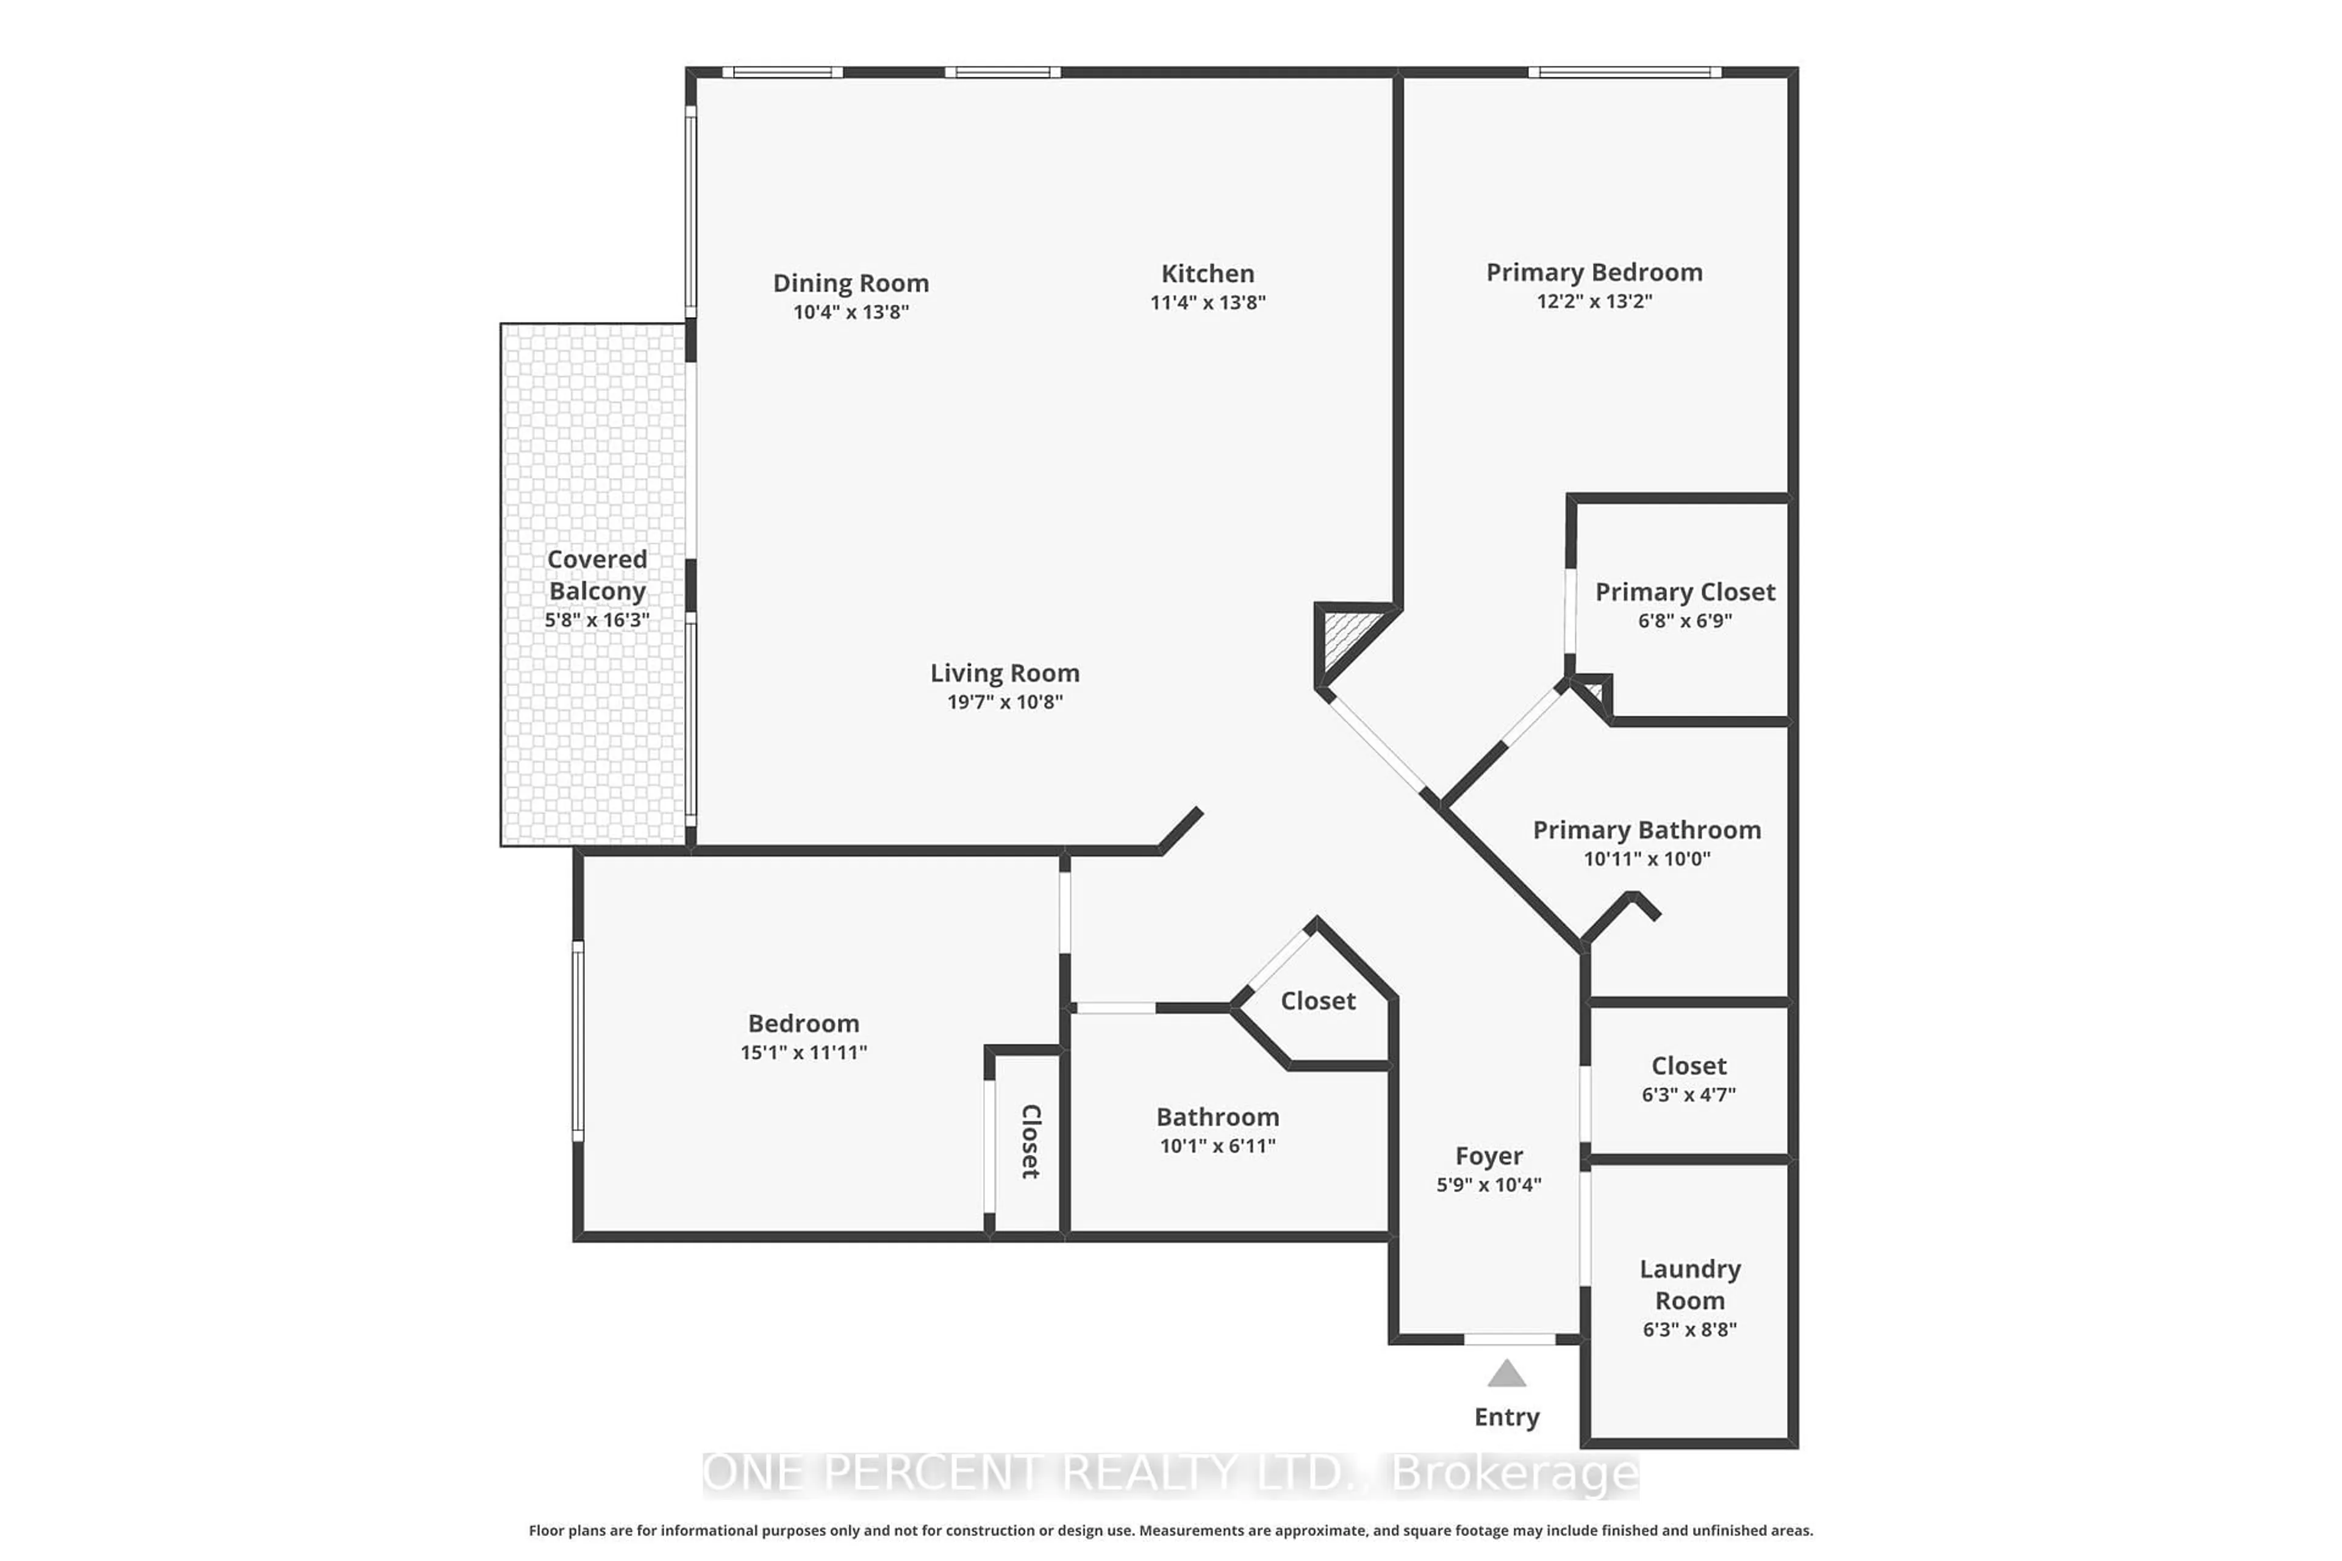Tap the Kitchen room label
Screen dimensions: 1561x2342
pos(1207,274)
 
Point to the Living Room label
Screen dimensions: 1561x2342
pos(1004,673)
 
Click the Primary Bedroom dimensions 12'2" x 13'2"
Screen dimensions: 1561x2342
pos(1594,301)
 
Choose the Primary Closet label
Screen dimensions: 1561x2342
pos(1685,592)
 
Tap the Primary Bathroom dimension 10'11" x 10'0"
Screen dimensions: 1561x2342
pos(1647,858)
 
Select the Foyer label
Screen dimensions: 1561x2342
pos(1489,1156)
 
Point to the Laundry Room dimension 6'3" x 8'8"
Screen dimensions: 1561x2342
pos(1690,1329)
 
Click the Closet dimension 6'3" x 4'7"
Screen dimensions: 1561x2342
pos(1689,1094)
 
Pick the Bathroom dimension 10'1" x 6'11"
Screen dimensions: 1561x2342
pos(1217,1146)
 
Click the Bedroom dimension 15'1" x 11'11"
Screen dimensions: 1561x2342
pos(804,1052)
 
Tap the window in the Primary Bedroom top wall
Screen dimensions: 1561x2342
pos(1624,72)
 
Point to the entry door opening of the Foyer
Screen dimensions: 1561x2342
pos(1509,1339)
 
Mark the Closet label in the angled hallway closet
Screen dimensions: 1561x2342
pos(1317,1001)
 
